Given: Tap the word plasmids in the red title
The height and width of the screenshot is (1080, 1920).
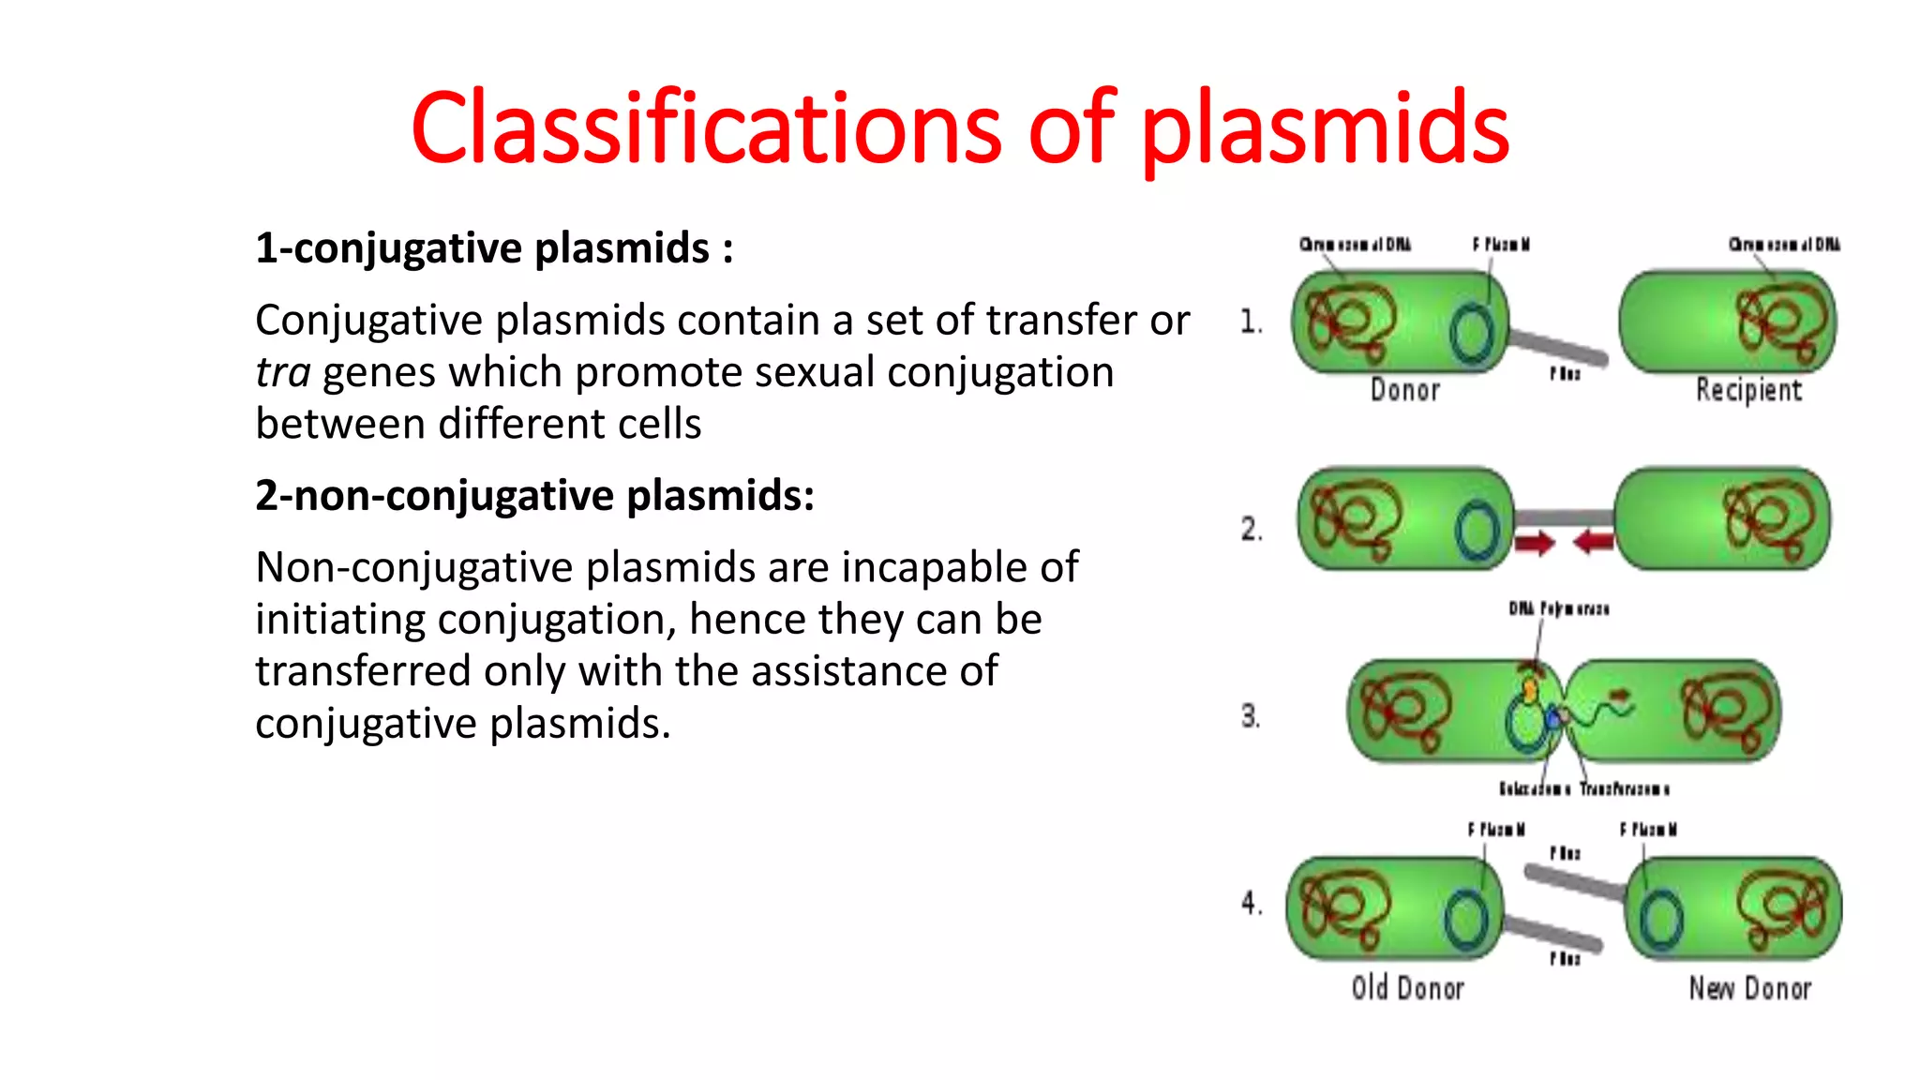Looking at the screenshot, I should point(1324,128).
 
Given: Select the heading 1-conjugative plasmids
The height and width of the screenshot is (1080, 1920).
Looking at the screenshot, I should point(494,248).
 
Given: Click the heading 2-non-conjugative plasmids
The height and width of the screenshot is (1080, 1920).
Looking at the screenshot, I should point(534,495).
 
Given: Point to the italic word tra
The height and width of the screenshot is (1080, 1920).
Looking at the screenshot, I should point(282,372).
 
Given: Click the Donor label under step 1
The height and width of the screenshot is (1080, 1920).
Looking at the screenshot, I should point(1404,390).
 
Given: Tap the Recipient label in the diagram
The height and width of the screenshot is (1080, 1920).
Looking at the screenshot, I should point(1748,390).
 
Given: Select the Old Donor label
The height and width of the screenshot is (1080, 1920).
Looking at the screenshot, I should point(1407,988).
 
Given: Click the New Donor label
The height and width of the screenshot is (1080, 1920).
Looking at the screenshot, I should point(1749,988).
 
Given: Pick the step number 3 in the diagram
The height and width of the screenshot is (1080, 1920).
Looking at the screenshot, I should point(1250,716).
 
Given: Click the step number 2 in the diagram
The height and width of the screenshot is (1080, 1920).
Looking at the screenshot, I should point(1251,529).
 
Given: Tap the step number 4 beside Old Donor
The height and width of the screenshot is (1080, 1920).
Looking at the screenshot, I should point(1251,903).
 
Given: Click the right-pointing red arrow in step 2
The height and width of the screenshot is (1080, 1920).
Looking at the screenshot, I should point(1536,542).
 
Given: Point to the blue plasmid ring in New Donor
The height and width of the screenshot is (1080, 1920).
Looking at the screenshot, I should point(1661,920).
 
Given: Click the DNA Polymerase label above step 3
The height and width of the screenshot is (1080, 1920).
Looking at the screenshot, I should point(1558,609).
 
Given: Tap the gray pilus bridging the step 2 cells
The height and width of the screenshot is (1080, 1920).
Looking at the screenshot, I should point(1564,517).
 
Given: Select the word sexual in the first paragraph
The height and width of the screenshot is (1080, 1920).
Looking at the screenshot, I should point(814,372).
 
